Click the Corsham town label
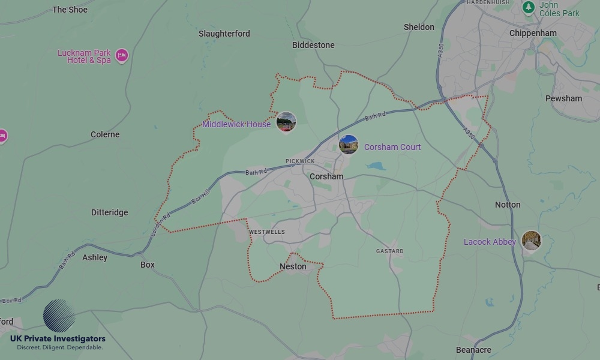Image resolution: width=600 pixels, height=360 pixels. click(326, 176)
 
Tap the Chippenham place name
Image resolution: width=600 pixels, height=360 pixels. click(533, 33)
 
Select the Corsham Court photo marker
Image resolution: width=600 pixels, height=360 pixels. click(349, 145)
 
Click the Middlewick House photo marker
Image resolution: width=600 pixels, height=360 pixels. click(286, 122)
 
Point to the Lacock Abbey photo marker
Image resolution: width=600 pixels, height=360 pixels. click(531, 241)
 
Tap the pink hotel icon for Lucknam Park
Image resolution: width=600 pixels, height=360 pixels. click(122, 56)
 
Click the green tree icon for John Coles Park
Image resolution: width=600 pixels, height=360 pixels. click(529, 7)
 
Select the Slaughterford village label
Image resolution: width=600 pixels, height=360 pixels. click(224, 34)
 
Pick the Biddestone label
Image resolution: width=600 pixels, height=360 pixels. click(313, 45)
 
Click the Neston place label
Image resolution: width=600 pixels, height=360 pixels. click(293, 266)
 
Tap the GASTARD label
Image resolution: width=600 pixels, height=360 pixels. click(390, 251)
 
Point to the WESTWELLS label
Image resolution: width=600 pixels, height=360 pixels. click(266, 232)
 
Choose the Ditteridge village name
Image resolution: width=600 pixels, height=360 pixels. click(109, 212)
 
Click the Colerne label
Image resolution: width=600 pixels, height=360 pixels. click(105, 134)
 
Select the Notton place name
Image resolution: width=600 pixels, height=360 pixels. click(508, 205)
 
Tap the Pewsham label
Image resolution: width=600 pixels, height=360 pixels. click(563, 98)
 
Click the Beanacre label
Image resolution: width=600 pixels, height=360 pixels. click(473, 350)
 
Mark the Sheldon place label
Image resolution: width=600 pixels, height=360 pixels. click(419, 27)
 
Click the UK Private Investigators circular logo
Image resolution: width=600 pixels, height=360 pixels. click(59, 316)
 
